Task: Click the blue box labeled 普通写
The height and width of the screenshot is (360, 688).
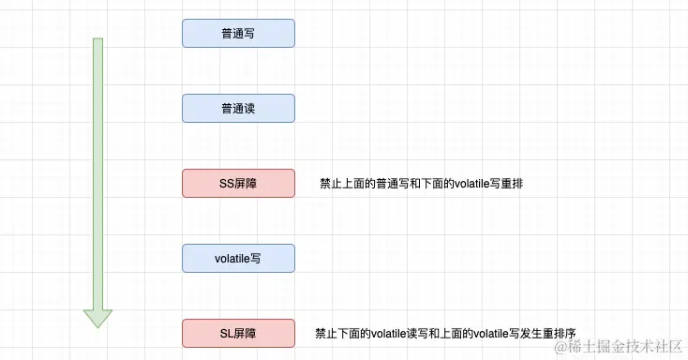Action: coord(238,34)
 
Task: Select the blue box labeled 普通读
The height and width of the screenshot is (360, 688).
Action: coord(238,109)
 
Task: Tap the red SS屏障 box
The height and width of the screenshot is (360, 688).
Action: coord(238,184)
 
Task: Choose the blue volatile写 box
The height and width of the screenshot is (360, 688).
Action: coord(238,259)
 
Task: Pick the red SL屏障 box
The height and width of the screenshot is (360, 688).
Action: coord(238,333)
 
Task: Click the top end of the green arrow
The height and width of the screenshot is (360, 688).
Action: coord(97,41)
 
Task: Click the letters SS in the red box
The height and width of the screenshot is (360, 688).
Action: coord(226,184)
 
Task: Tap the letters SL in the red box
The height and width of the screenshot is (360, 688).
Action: coord(225,333)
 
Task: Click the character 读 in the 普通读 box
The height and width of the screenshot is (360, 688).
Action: coord(250,109)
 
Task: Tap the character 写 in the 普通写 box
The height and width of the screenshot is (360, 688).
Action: coord(250,34)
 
